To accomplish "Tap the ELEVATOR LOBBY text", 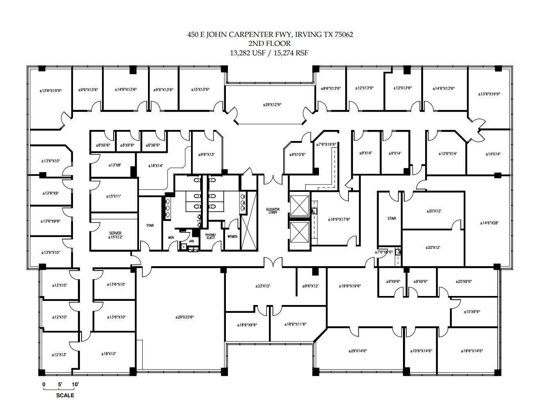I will click(273, 211).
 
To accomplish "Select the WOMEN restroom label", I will click(232, 237).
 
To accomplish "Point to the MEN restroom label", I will click(171, 237).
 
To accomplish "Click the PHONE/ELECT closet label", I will click(210, 236).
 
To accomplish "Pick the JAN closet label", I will click(191, 241).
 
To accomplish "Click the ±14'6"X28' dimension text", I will click(489, 223).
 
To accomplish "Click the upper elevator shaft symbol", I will click(299, 204).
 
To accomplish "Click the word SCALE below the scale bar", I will click(65, 396).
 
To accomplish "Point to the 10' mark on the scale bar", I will click(75, 385).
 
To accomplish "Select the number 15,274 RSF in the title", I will click(290, 52).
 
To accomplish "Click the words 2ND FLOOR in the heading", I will click(269, 43).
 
